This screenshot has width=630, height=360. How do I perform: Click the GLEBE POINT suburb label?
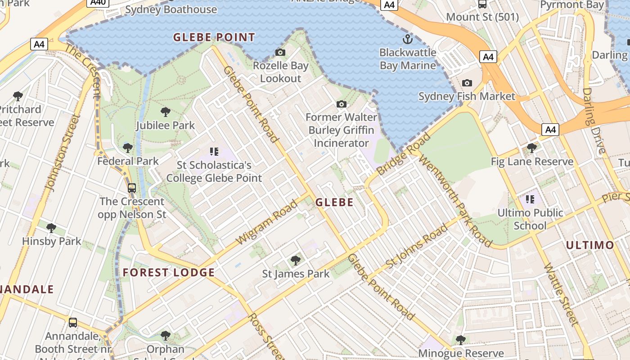(x=214, y=37)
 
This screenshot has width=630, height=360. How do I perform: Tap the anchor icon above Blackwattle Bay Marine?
(x=408, y=39)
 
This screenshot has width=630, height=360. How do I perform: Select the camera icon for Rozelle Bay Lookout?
(x=280, y=53)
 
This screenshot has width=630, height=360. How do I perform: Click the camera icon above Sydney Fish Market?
(x=467, y=83)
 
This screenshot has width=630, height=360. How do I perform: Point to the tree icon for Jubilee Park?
(x=166, y=112)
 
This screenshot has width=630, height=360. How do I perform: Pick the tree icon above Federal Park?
(x=128, y=148)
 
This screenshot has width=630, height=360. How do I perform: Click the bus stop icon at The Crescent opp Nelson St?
(x=132, y=188)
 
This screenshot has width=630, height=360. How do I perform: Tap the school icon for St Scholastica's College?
(x=214, y=152)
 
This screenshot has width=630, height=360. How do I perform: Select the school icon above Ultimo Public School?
(x=530, y=199)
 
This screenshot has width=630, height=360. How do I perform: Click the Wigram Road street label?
(x=267, y=222)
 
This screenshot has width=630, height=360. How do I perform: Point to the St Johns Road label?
(x=417, y=246)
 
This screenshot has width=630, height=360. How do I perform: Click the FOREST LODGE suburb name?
(x=169, y=272)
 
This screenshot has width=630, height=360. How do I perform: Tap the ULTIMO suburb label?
(x=590, y=245)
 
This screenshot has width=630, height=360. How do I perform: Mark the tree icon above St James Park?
(x=296, y=260)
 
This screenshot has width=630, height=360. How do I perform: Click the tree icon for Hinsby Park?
(x=51, y=228)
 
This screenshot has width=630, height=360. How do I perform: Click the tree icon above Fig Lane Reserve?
(x=532, y=148)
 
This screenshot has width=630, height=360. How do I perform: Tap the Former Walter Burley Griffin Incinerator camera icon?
(x=342, y=104)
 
